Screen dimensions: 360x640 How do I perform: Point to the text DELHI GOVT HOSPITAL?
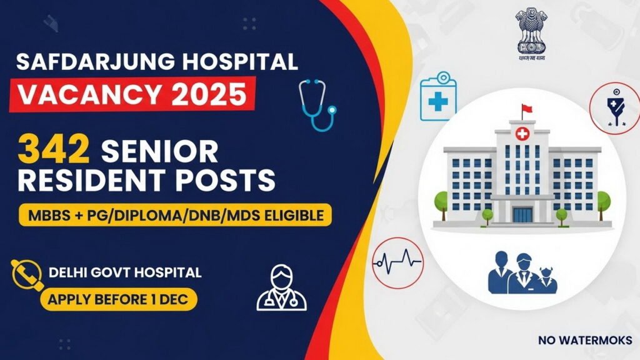[125, 272]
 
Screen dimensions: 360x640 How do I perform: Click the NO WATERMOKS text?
[584, 341]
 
